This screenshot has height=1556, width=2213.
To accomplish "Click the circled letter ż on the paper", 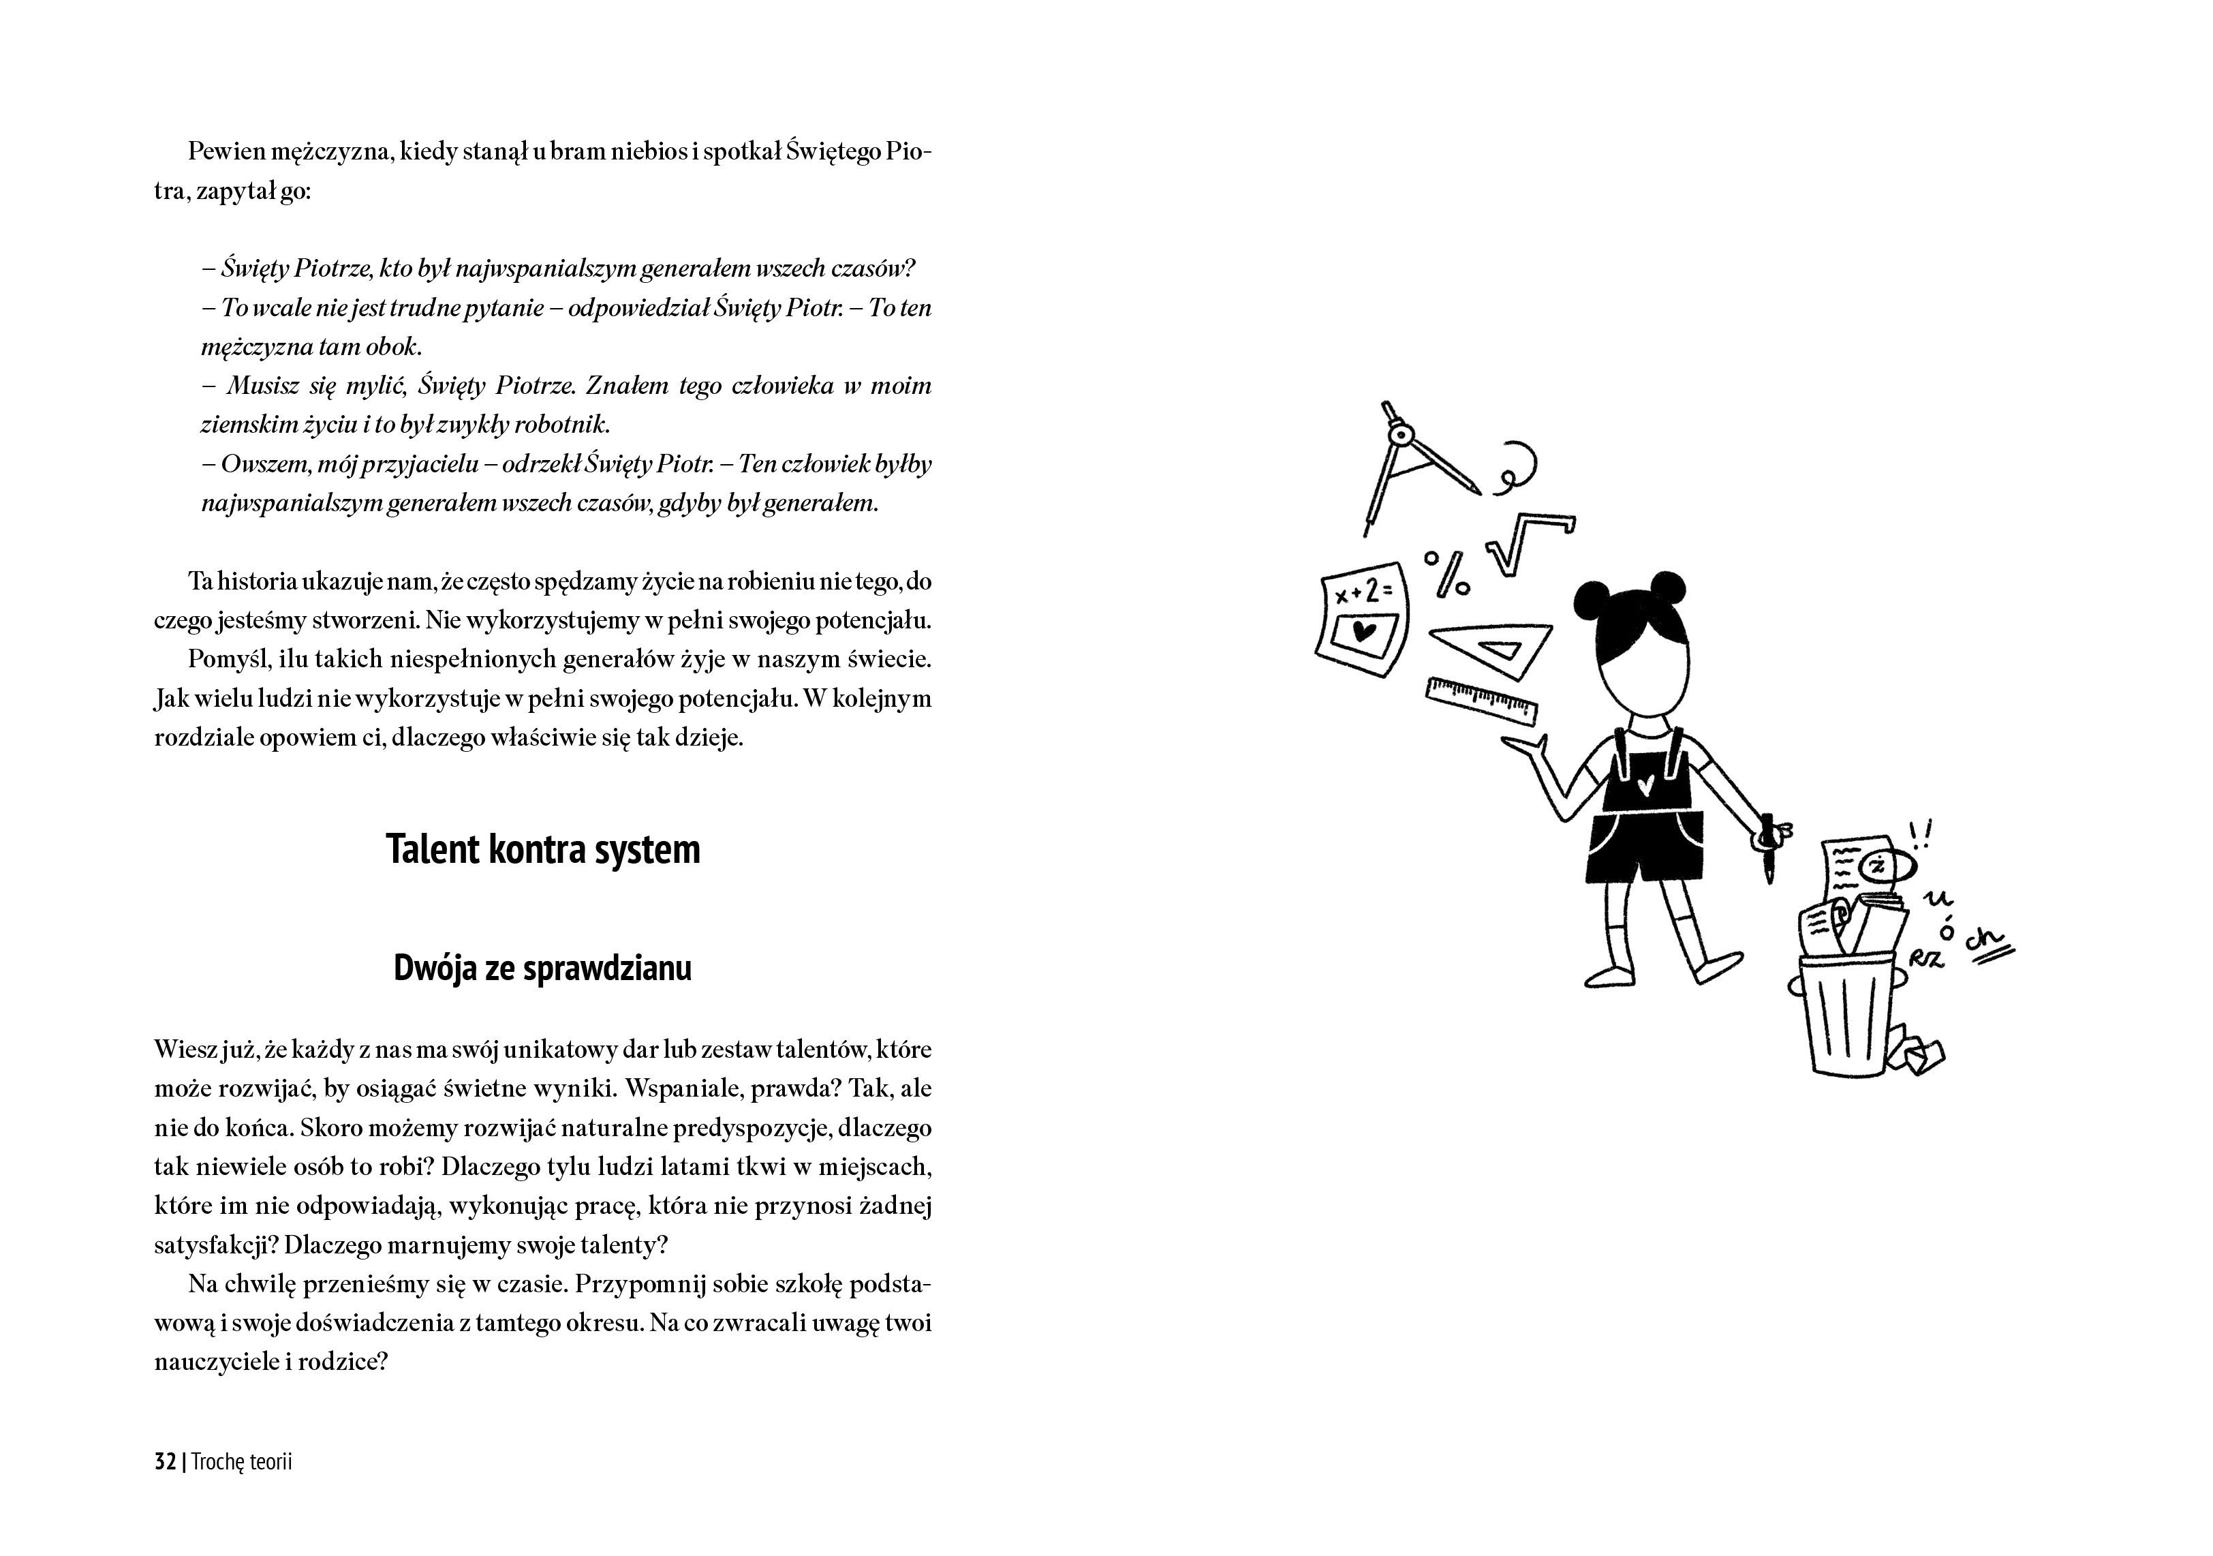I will point(1876,866).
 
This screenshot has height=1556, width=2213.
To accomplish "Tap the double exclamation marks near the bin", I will point(1921,834).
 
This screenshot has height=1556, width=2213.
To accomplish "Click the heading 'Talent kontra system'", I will point(542,849).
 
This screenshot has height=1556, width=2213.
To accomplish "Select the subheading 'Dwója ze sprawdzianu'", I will point(542,968).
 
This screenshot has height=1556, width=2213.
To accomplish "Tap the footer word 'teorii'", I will point(269,1461).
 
